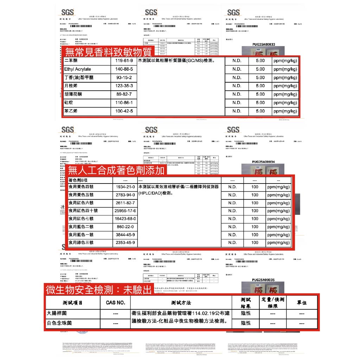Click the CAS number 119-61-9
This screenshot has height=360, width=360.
[x=121, y=61]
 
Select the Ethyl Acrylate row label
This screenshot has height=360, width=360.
[x=77, y=69]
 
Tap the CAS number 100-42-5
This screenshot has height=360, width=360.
[x=121, y=111]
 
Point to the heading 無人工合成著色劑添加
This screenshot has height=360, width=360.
[x=116, y=171]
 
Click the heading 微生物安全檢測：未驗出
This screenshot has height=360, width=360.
[x=99, y=290]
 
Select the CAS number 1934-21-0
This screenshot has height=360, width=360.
[x=126, y=187]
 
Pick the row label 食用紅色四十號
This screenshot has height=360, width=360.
[x=83, y=211]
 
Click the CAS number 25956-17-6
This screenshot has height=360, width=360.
[x=126, y=211]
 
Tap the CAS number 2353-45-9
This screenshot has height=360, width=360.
[x=126, y=243]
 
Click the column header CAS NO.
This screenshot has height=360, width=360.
[x=116, y=303]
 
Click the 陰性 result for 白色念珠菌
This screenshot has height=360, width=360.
[x=246, y=323]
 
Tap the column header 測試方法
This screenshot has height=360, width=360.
[x=181, y=303]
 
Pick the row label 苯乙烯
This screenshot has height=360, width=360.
[x=71, y=111]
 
